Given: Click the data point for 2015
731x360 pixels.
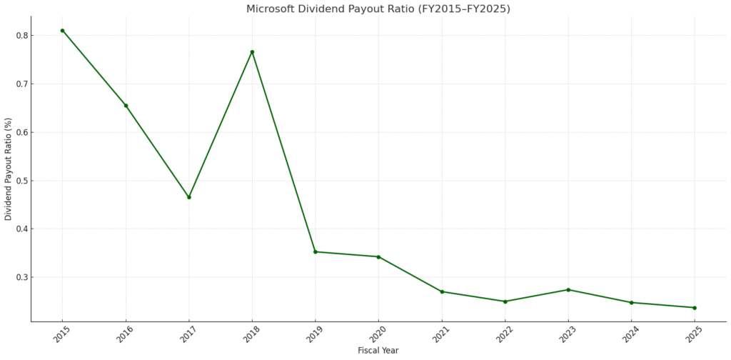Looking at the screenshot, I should (x=62, y=31).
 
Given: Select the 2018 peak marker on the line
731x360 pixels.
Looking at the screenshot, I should (x=252, y=52).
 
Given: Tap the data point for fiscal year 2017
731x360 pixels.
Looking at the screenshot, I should (x=189, y=197).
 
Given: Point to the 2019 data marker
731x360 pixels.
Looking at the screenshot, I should (x=316, y=251).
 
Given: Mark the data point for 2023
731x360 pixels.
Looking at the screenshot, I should (x=568, y=289).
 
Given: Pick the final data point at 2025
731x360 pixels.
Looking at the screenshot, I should (x=695, y=308).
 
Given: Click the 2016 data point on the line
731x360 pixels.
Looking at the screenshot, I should (x=126, y=106).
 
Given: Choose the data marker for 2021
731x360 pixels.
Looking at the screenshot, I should (x=442, y=291).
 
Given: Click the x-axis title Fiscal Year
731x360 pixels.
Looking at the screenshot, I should (x=378, y=351).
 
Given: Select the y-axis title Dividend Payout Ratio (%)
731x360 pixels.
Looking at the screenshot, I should (x=9, y=169).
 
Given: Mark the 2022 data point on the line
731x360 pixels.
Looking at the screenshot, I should (x=505, y=301).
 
